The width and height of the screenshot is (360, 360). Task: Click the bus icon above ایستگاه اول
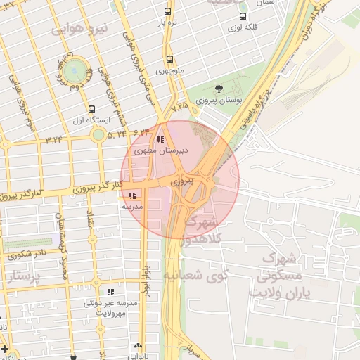coord(92,109)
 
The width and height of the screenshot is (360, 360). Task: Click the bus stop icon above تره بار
coord(167,11)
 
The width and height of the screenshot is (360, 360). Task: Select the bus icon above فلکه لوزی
coord(243,17)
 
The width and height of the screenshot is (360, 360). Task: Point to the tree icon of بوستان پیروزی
coord(219,89)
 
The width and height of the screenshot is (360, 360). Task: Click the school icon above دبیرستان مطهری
coord(161,140)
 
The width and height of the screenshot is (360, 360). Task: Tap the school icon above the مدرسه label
coord(133,195)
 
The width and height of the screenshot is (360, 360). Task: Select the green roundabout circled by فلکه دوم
coord(75,70)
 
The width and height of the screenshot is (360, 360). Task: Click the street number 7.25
coord(180,105)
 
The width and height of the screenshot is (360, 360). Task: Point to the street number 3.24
coord(54,139)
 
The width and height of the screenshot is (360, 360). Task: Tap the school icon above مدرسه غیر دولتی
coord(110,291)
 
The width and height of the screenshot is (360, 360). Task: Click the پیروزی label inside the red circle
coord(180,181)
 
